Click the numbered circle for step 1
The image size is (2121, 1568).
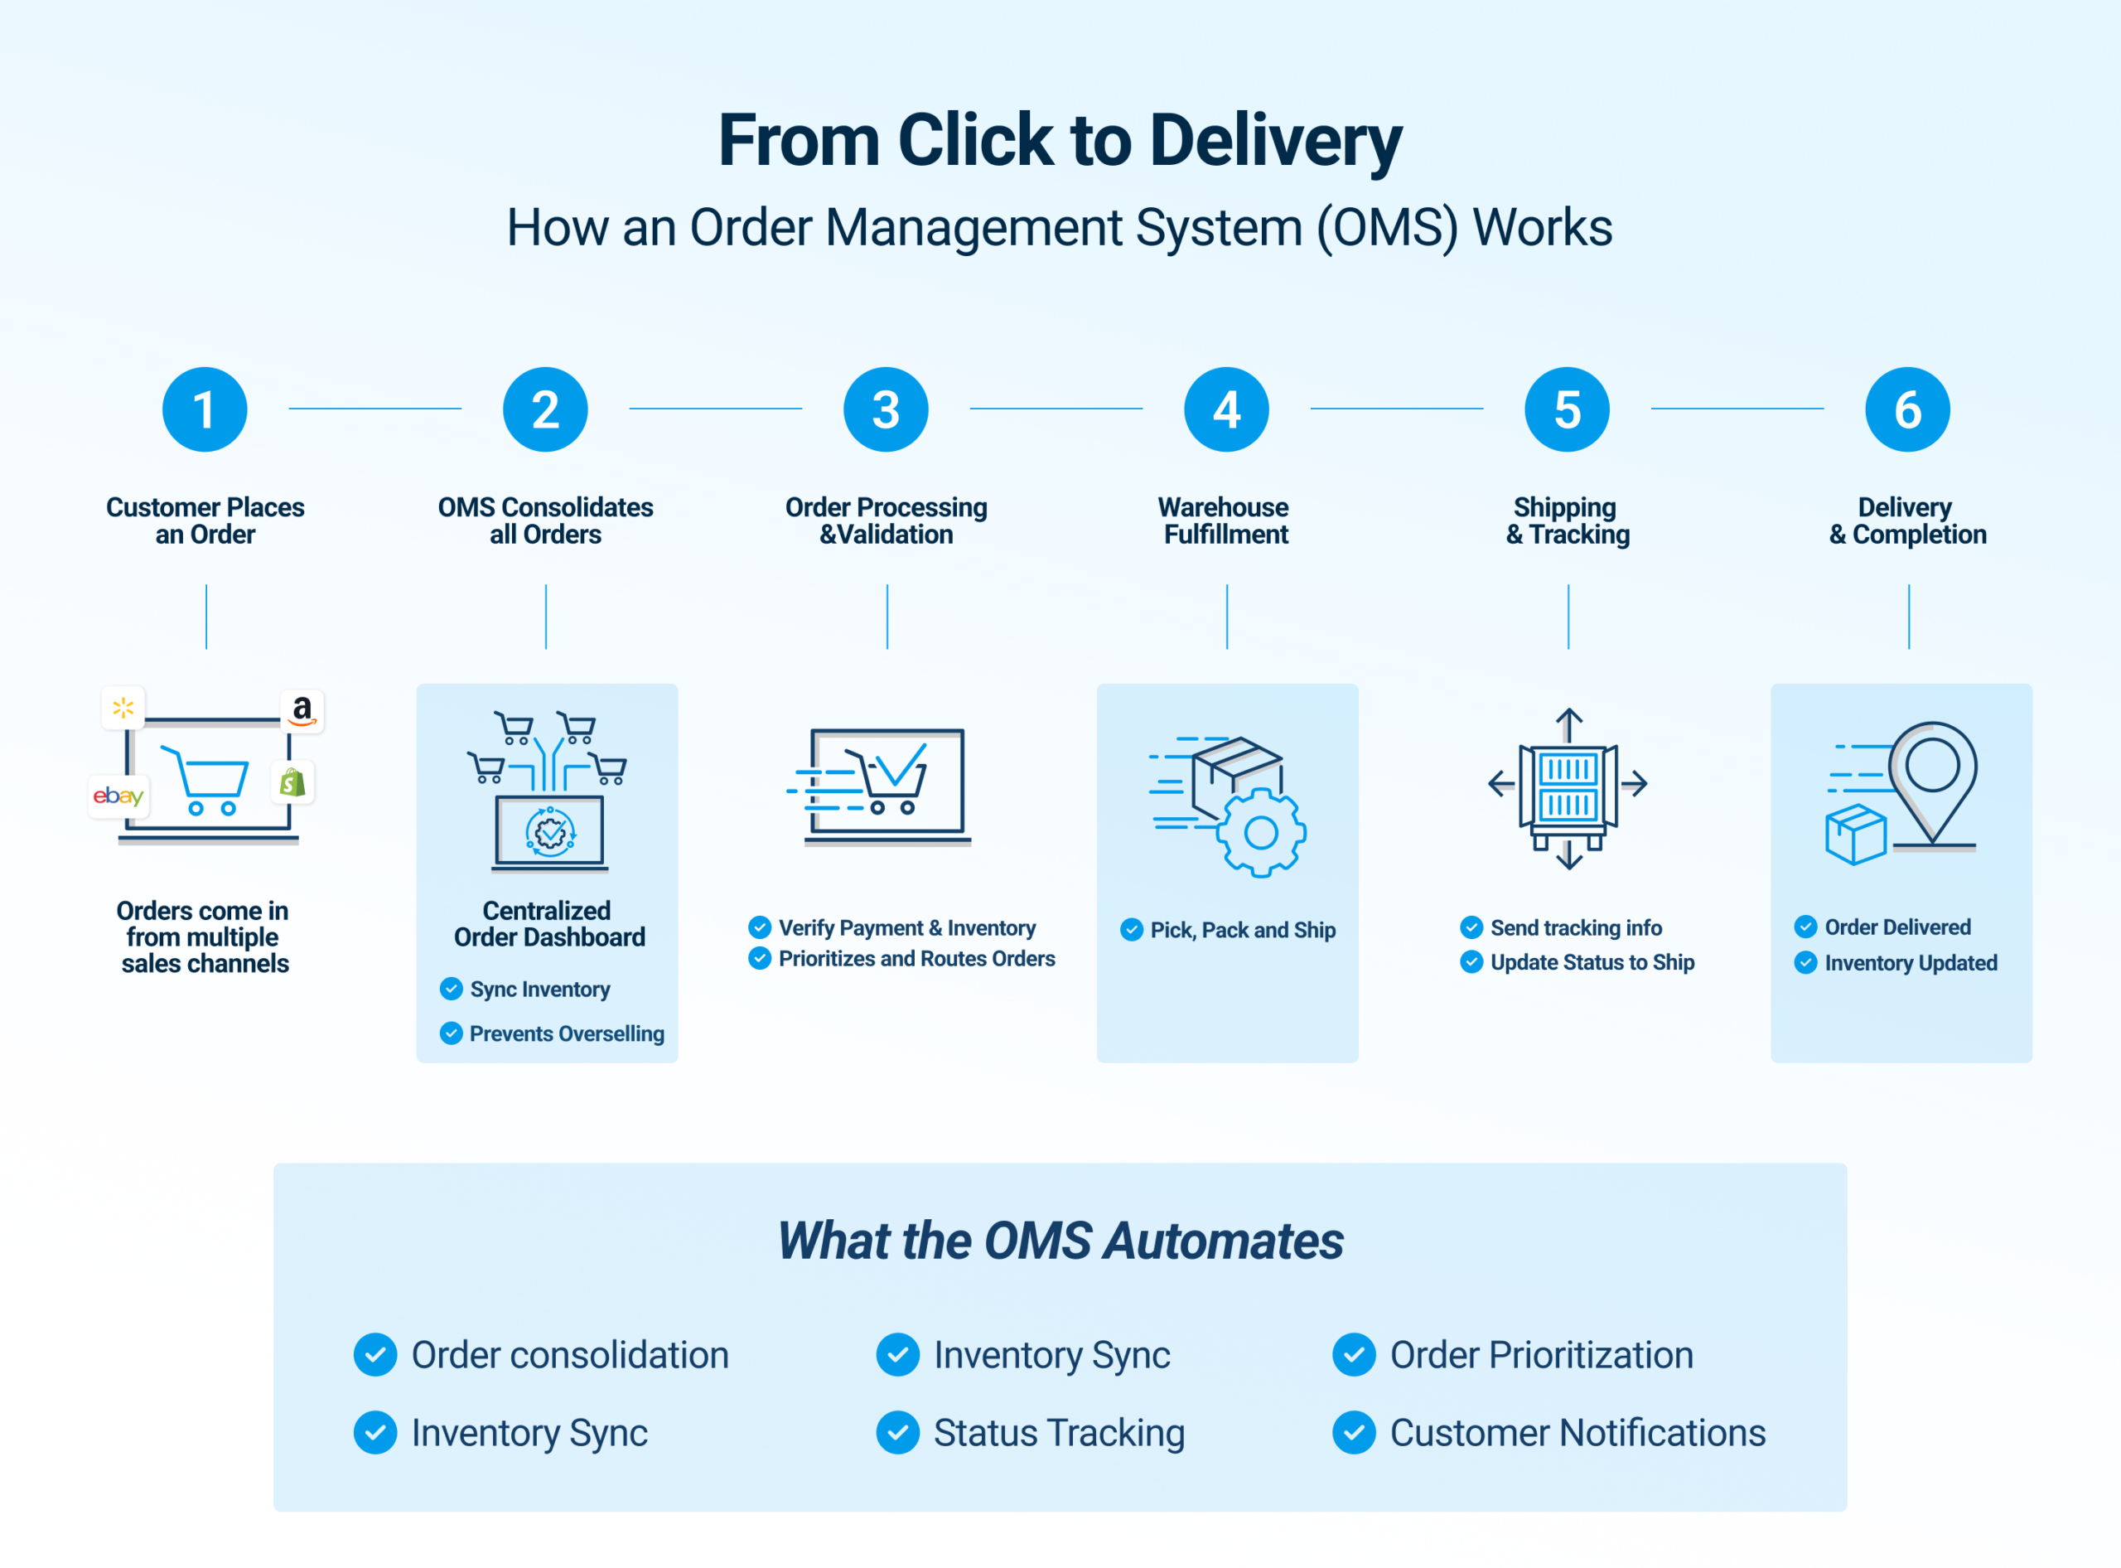click(205, 409)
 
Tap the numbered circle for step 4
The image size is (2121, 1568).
click(1226, 409)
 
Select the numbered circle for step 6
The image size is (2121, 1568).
click(1907, 409)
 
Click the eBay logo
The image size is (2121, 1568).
click(118, 796)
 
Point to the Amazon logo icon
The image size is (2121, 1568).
click(302, 710)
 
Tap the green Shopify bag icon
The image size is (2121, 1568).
click(292, 782)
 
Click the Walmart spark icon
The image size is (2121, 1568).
click(123, 708)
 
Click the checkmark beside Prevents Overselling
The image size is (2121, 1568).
click(452, 1033)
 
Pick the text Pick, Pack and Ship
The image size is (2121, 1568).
click(1242, 930)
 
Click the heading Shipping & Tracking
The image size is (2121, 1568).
click(1568, 521)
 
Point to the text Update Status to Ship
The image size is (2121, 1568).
click(1592, 962)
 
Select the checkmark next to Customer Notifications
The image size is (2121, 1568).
click(1355, 1432)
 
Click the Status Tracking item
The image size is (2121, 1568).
click(1058, 1432)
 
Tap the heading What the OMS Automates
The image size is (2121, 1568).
click(1060, 1241)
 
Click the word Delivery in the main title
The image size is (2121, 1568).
click(1275, 141)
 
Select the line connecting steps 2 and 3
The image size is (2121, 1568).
click(716, 409)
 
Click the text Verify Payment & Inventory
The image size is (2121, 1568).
click(906, 927)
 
